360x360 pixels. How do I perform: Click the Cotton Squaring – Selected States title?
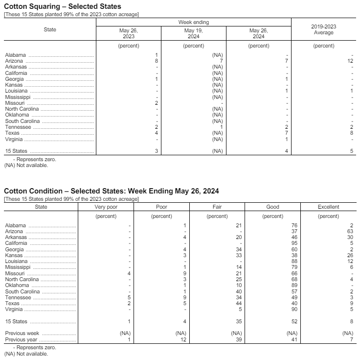pos(62,6)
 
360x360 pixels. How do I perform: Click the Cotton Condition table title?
pos(111,191)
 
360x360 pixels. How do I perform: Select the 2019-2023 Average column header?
pos(323,29)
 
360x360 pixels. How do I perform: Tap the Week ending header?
pos(193,23)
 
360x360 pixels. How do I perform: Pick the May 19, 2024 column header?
pos(193,33)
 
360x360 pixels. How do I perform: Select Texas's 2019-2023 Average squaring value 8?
pos(351,133)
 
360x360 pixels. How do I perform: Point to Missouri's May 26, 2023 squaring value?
pos(156,103)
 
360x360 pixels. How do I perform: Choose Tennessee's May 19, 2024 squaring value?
pos(221,127)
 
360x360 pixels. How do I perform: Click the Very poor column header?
pos(106,207)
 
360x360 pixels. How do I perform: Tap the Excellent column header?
pos(328,207)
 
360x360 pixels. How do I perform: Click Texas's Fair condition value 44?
pos(239,304)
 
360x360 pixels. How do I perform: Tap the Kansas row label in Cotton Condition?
pos(14,255)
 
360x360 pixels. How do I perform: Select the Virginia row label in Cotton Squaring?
pos(14,139)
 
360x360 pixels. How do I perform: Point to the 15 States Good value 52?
pos(294,322)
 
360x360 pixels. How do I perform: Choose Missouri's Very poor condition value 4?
pos(129,273)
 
